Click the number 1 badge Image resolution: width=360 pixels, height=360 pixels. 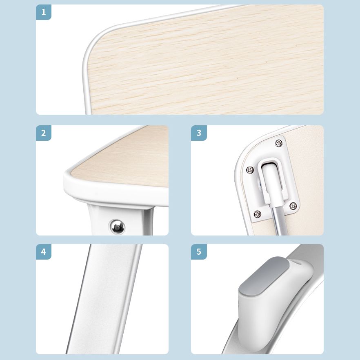pos(44,12)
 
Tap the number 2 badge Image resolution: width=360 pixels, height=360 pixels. pos(44,133)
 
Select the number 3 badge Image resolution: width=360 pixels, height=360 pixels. pos(199,133)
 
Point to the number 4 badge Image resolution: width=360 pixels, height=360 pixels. pos(44,251)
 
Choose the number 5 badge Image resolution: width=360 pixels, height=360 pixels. pos(199,251)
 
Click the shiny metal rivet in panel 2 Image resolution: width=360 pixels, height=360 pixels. pos(118,227)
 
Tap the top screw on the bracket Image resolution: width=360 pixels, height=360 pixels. pos(279,143)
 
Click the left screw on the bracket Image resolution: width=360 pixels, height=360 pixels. pos(250,170)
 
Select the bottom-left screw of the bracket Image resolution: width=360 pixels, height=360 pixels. pos(258,214)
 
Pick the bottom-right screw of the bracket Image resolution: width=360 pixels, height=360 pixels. pos(293,206)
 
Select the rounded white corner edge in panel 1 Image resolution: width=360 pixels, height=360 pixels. pos(87,58)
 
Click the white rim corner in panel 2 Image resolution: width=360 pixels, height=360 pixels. pos(69,181)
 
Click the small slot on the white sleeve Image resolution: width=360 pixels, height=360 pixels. pos(298,262)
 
